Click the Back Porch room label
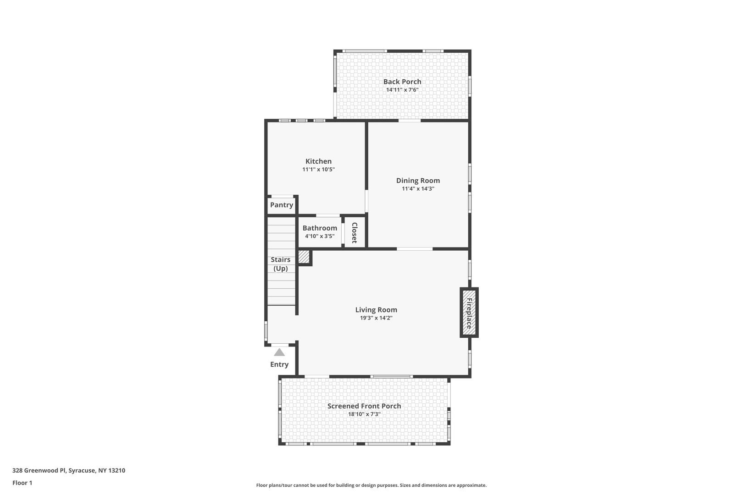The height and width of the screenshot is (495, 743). [x=402, y=82]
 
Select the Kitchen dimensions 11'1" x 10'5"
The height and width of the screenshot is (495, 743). [x=318, y=170]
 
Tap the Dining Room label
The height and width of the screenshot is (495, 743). [x=418, y=181]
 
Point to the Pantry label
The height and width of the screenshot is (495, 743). [x=282, y=205]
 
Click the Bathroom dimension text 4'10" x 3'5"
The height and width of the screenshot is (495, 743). [x=320, y=236]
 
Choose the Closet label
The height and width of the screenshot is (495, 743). [x=354, y=233]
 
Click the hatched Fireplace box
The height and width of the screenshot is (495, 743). [x=469, y=313]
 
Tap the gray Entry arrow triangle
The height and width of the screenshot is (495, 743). [x=279, y=352]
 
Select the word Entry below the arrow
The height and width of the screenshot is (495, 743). [x=279, y=364]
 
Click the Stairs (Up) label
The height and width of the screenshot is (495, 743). [x=281, y=264]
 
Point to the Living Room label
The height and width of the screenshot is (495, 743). [x=376, y=310]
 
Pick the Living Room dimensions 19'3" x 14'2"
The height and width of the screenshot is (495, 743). [x=376, y=318]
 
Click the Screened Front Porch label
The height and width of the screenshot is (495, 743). [x=364, y=406]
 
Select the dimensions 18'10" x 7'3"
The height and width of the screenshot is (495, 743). [x=364, y=414]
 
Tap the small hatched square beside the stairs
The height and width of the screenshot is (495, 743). [x=304, y=257]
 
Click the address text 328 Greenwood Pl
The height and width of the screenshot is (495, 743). [x=39, y=470]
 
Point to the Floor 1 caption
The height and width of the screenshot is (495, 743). [x=22, y=483]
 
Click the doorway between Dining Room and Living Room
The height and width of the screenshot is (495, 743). [x=415, y=249]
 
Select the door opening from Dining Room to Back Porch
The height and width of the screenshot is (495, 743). [x=410, y=121]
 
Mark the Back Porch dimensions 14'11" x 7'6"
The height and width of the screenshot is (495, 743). [x=402, y=90]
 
